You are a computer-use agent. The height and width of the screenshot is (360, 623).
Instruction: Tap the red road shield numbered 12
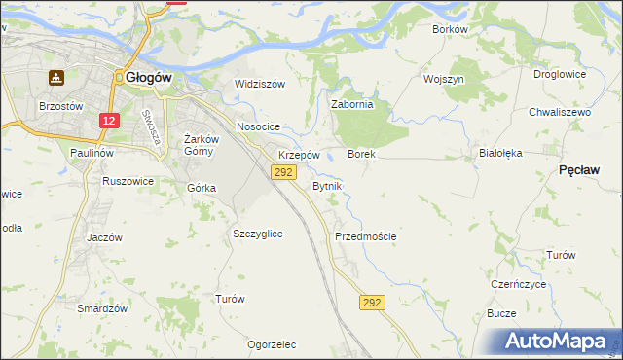point(109,120)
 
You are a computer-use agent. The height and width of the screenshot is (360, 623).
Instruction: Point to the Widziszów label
point(260,84)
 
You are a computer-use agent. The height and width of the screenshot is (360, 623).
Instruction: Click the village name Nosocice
point(258,127)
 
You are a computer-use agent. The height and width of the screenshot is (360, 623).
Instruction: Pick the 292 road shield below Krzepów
point(282,172)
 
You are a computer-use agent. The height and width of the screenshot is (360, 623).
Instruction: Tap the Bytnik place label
point(326,185)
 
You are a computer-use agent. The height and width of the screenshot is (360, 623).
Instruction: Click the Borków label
point(450,29)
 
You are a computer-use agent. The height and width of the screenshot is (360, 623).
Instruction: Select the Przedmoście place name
point(365,236)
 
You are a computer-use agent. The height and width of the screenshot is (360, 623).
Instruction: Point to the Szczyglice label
point(258,234)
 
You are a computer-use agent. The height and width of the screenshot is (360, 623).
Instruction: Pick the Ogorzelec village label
point(272,344)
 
